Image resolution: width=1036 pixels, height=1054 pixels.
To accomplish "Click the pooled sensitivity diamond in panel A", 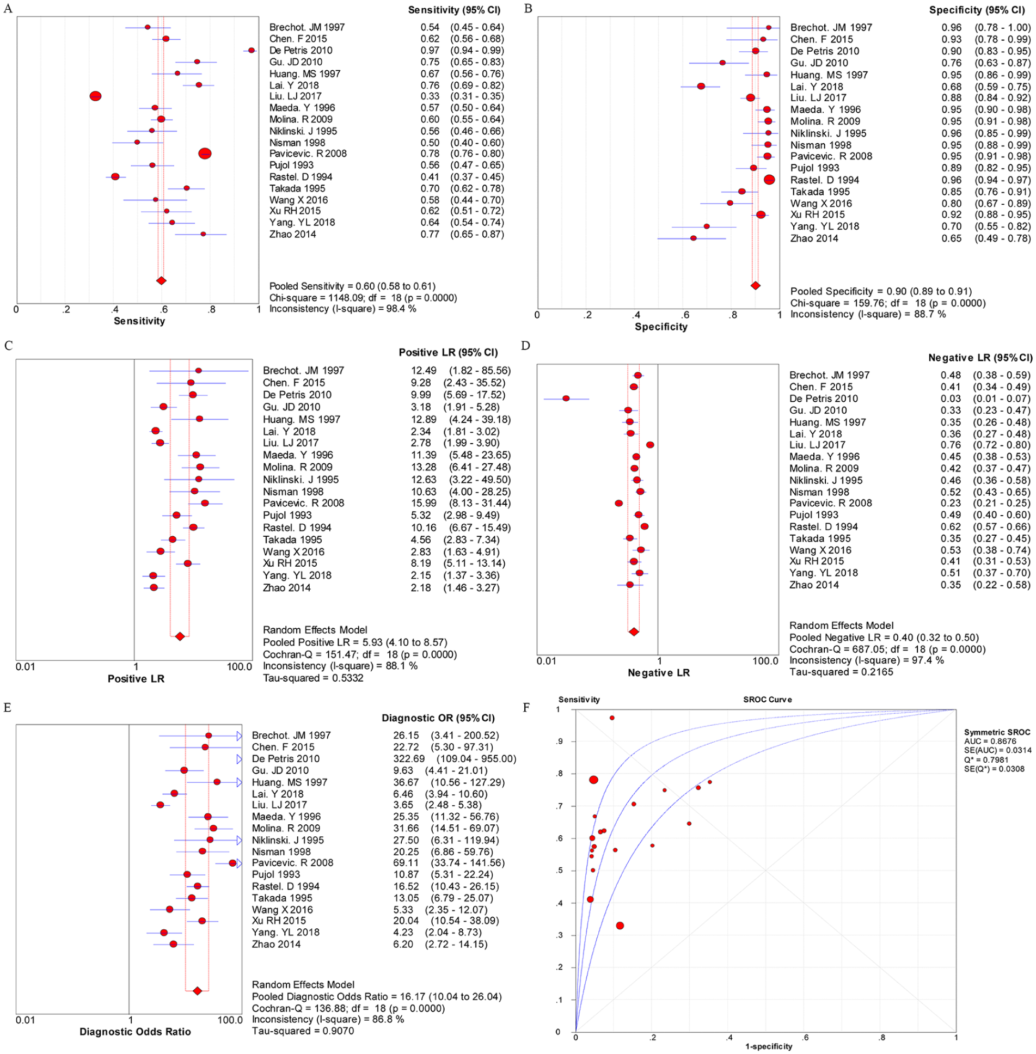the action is (161, 280).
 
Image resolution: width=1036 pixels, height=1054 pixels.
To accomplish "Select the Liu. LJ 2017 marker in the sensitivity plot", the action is (95, 96).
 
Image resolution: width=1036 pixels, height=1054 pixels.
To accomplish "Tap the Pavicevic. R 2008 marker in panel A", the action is (205, 154).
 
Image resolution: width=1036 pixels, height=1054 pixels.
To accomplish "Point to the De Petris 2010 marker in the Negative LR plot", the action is (566, 399).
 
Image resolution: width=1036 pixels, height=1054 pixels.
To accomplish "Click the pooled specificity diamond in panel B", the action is (756, 285).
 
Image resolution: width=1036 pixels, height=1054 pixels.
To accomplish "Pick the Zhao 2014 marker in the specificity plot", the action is (693, 238).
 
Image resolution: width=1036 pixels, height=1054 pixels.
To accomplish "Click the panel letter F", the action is (526, 707).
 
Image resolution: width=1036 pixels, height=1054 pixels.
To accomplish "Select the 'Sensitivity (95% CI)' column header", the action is (454, 10).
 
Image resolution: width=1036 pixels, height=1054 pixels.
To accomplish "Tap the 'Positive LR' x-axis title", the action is (136, 678).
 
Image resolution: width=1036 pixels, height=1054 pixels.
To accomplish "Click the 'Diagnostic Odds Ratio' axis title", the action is (135, 1031).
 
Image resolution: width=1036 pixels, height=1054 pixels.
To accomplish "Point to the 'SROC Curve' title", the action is (768, 700).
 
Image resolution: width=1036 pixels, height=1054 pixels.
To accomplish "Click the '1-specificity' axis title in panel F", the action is (769, 1046).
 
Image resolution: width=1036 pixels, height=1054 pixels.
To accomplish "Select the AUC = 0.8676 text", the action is (990, 741).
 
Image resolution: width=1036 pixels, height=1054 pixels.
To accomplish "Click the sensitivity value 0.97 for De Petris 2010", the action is (430, 50).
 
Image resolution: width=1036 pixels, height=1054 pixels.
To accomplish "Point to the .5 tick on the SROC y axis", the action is (559, 871).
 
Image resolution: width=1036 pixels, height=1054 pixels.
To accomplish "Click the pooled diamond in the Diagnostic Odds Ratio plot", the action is (198, 991).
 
